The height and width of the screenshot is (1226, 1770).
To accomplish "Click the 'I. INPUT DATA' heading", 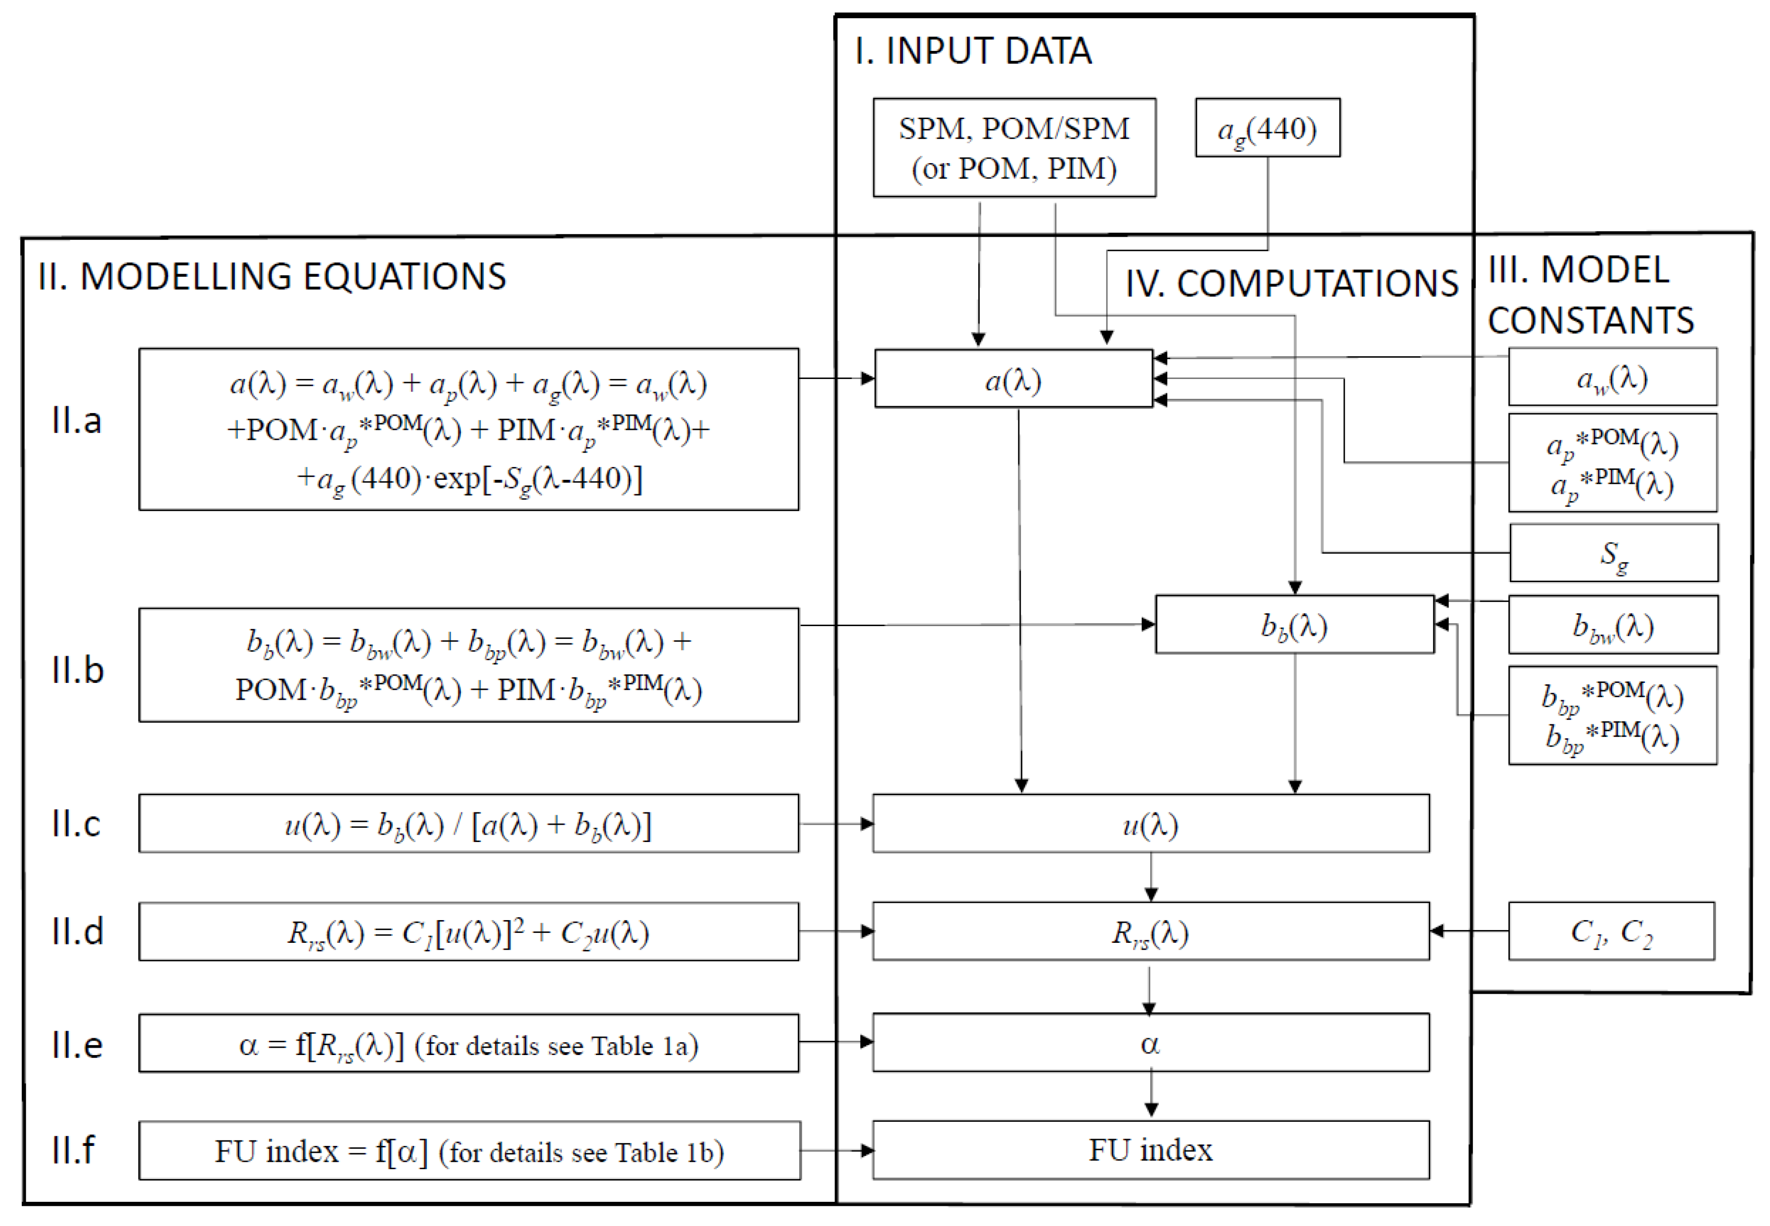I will pyautogui.click(x=972, y=51).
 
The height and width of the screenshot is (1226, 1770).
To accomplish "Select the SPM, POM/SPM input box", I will pyautogui.click(x=1014, y=147).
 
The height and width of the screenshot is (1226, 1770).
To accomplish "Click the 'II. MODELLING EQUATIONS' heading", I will pyautogui.click(x=272, y=277).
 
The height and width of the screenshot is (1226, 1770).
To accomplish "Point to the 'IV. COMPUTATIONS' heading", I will pyautogui.click(x=1291, y=284).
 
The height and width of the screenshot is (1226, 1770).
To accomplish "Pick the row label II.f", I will pyautogui.click(x=73, y=1150).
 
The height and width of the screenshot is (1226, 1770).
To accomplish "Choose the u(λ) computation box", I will pyautogui.click(x=1150, y=824).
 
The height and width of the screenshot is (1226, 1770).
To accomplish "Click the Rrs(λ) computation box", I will pyautogui.click(x=1150, y=932).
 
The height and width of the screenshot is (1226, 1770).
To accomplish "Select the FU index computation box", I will pyautogui.click(x=1150, y=1150).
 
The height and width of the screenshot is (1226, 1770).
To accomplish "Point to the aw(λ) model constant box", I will pyautogui.click(x=1612, y=377).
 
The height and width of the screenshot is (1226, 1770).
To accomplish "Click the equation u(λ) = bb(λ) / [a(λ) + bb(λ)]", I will pyautogui.click(x=468, y=824).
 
